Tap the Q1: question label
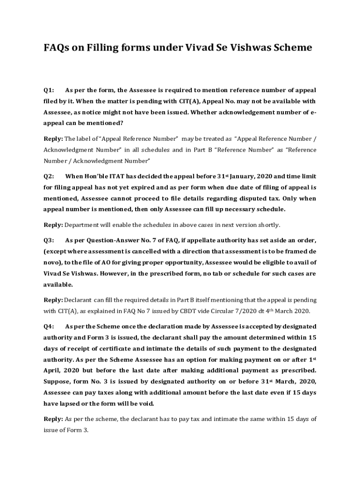coord(49,90)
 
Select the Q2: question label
coord(49,176)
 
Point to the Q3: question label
coord(49,240)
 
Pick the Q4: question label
coord(49,326)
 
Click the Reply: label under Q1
coord(53,138)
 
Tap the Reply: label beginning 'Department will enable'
coord(53,225)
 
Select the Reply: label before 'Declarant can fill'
coord(53,300)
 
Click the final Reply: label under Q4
coord(53,419)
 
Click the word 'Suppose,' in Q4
coord(58,381)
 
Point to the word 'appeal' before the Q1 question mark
coord(56,123)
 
